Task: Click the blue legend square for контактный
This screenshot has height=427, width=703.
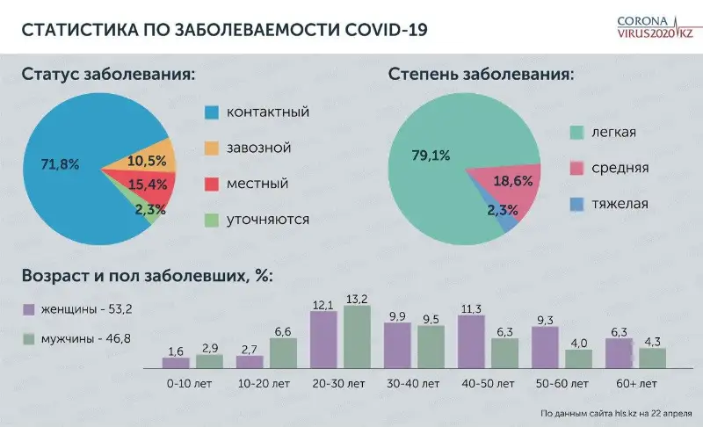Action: tap(212, 112)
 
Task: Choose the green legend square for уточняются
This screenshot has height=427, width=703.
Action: tap(212, 220)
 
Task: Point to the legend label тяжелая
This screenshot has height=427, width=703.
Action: tap(620, 204)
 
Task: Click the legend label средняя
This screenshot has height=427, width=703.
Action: tap(620, 168)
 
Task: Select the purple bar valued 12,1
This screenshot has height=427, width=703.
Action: tap(323, 340)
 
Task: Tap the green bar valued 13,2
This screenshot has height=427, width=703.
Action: tap(357, 337)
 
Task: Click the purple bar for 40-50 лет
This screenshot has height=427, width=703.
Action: tap(471, 342)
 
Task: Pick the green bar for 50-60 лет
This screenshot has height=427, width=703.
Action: tap(578, 358)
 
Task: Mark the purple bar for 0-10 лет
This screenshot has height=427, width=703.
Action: tap(176, 363)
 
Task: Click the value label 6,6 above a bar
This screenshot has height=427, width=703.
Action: tap(283, 331)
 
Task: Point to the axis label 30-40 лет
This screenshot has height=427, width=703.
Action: tap(413, 384)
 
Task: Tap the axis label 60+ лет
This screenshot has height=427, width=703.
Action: tap(636, 384)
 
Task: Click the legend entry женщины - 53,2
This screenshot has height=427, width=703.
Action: tap(78, 309)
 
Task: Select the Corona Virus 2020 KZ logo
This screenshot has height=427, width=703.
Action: tap(655, 27)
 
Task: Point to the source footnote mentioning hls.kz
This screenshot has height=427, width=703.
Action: tap(616, 414)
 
